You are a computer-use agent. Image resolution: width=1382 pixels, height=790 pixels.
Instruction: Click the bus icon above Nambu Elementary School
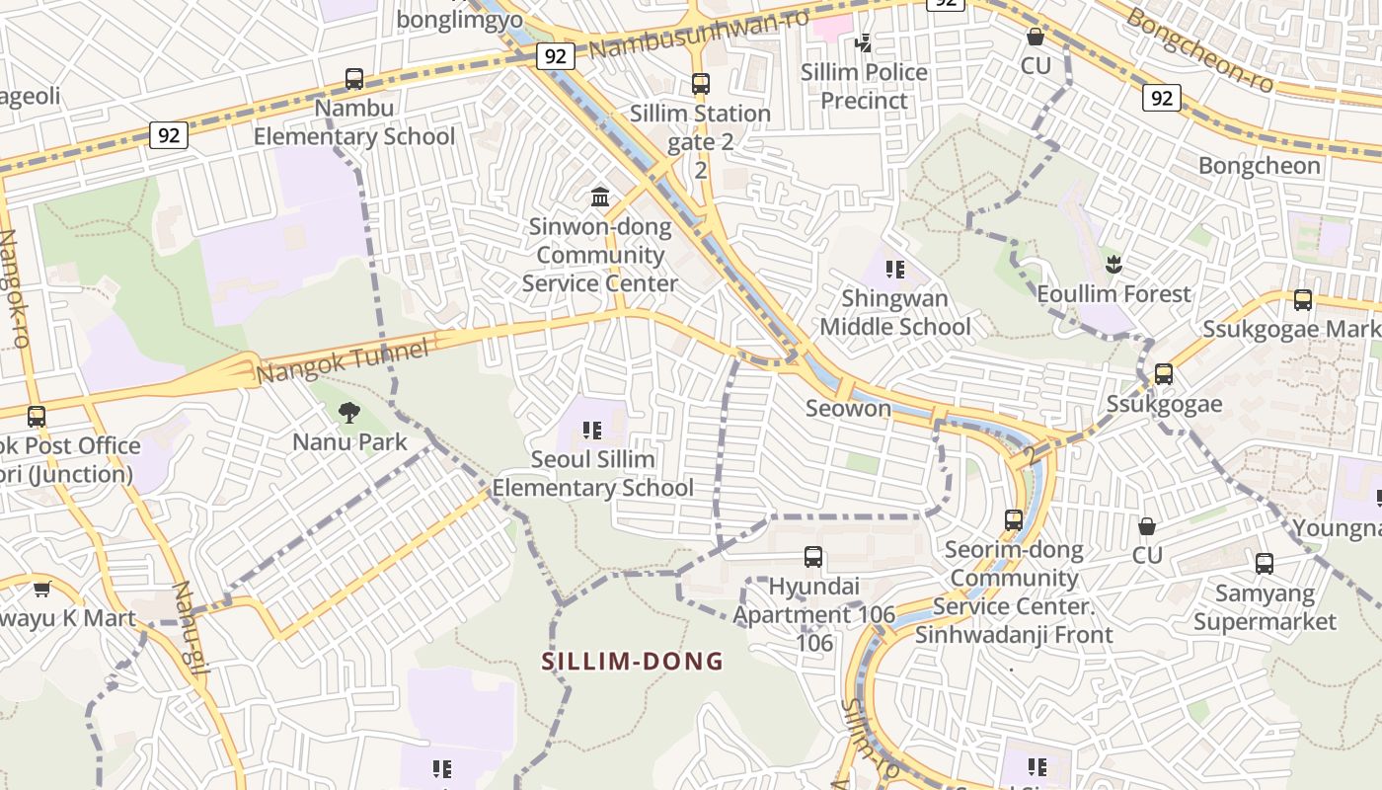pos(354,79)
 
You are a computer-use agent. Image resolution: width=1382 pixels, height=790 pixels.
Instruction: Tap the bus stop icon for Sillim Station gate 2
pos(701,84)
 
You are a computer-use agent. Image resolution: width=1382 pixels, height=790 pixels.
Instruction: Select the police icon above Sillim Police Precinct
pos(864,42)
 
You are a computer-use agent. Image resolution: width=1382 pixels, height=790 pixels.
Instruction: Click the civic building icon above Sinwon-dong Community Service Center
pos(600,197)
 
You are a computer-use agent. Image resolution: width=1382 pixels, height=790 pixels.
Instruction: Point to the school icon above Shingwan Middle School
pos(895,270)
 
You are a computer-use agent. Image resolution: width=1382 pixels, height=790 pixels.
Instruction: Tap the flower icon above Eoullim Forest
pos(1114,265)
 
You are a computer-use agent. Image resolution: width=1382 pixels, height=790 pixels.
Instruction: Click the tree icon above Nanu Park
pos(349,413)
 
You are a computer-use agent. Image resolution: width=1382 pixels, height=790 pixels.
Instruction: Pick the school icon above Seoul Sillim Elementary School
pos(592,431)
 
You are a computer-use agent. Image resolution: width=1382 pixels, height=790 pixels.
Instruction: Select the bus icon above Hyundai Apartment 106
pos(813,557)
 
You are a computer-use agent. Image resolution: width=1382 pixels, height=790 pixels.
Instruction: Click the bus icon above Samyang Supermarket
pos(1265,564)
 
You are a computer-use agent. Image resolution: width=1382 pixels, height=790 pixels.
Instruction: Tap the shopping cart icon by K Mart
pos(41,590)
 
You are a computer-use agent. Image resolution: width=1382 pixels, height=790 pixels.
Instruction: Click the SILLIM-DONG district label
pos(633,662)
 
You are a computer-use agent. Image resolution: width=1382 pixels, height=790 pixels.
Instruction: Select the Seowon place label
pos(848,408)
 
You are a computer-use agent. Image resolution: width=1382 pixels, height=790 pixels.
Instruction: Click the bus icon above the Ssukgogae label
pos(1164,374)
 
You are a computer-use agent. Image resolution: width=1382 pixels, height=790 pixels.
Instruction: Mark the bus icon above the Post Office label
pos(37,417)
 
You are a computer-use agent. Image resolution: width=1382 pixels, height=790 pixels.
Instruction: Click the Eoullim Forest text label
pos(1113,294)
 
